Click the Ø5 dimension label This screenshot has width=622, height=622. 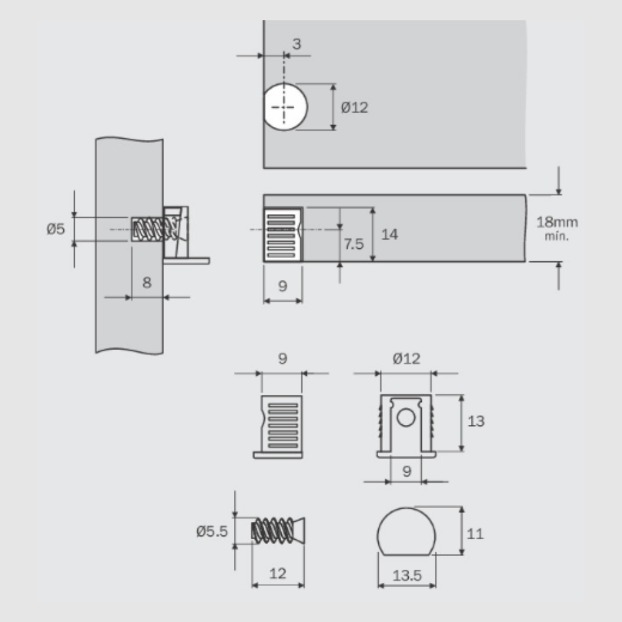click(55, 229)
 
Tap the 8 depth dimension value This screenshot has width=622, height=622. click(147, 282)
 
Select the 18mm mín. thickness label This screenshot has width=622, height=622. click(557, 228)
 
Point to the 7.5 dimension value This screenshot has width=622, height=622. click(353, 244)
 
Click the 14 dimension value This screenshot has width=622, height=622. click(389, 234)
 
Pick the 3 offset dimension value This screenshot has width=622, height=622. click(296, 44)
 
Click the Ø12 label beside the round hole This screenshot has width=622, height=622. click(355, 108)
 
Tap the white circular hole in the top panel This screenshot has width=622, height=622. click(285, 107)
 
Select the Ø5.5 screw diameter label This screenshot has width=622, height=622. click(212, 531)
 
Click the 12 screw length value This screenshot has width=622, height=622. click(277, 573)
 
